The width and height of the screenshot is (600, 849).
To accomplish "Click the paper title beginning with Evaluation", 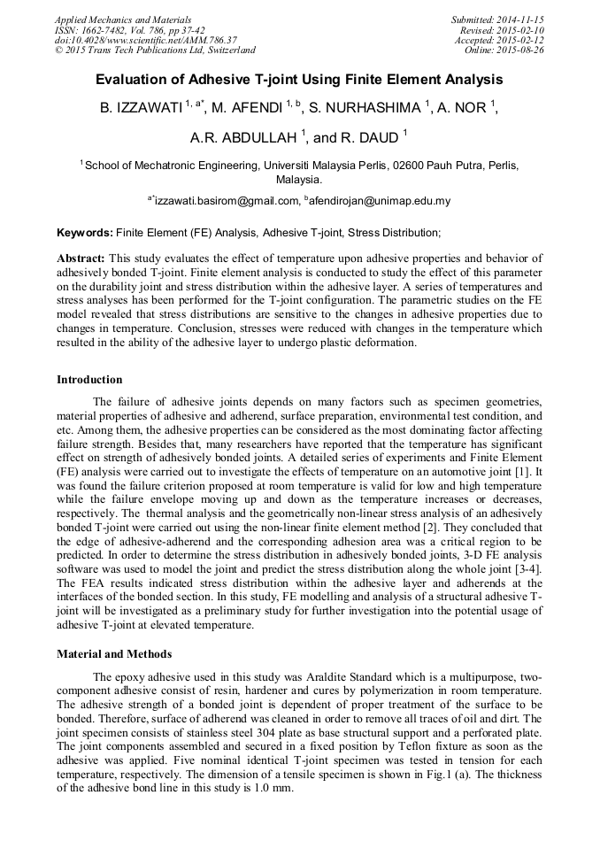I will point(299,80).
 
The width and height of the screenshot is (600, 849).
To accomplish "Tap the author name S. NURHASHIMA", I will point(365,108).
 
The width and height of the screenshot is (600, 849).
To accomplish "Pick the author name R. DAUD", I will point(370,138).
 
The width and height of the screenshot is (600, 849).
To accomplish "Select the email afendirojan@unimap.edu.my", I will point(380,201).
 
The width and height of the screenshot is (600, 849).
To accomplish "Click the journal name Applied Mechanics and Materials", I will point(122,19).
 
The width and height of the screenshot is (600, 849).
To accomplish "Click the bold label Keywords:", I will point(85,233).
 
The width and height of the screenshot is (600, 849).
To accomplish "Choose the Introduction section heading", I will point(89,380).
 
